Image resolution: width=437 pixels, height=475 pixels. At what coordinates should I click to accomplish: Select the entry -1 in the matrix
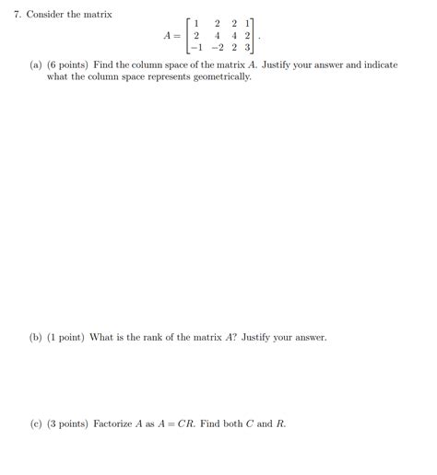[x=194, y=49]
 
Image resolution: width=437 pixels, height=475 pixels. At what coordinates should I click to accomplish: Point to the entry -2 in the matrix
[x=215, y=49]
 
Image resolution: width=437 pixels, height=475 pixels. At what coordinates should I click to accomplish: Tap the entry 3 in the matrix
[x=246, y=49]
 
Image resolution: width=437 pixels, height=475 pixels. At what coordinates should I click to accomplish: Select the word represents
[x=175, y=77]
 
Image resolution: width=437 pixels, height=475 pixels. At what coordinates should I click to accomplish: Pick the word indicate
[x=380, y=65]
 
